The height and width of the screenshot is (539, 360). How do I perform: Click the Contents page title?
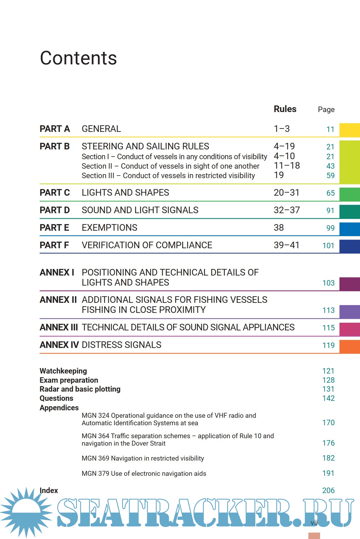(x=78, y=58)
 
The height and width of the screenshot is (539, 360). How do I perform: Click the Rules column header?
(x=285, y=109)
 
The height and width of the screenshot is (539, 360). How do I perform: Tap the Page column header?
(x=326, y=109)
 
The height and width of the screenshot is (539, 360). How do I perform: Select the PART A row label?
(x=55, y=129)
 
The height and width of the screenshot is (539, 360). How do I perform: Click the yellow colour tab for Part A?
(x=349, y=130)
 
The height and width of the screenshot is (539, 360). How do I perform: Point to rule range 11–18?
(x=287, y=166)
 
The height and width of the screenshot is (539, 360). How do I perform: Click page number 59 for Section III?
(x=330, y=176)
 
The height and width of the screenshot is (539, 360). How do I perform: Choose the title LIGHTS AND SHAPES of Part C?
(x=125, y=192)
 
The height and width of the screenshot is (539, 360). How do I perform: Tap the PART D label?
(x=55, y=210)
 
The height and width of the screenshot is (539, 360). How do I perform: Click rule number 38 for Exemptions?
(x=279, y=228)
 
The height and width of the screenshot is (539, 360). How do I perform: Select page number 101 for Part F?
(x=328, y=246)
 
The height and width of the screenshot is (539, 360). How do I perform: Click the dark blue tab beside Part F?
(x=349, y=247)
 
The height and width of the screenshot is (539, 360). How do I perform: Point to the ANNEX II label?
(x=58, y=300)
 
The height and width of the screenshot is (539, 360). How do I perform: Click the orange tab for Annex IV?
(x=349, y=346)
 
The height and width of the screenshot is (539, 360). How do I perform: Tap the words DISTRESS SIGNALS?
(x=121, y=345)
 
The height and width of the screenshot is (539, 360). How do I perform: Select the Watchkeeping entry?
(x=63, y=371)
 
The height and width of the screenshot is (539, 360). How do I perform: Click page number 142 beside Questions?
(x=328, y=398)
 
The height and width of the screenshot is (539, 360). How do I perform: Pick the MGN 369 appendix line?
(x=143, y=458)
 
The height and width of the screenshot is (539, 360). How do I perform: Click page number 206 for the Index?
(x=328, y=490)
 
